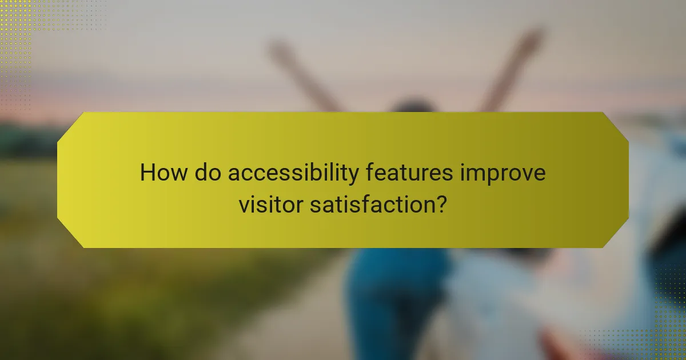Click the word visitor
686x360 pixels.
point(270,204)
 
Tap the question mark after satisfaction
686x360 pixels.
point(440,204)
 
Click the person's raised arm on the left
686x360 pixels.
point(303,74)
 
